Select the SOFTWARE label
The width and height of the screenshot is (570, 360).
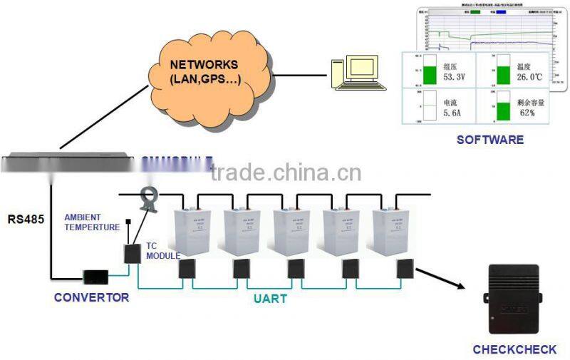tap(489, 140)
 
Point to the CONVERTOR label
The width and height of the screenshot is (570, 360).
tap(91, 297)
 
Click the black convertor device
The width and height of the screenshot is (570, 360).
tap(95, 276)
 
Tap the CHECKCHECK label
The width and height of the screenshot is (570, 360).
tap(514, 349)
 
